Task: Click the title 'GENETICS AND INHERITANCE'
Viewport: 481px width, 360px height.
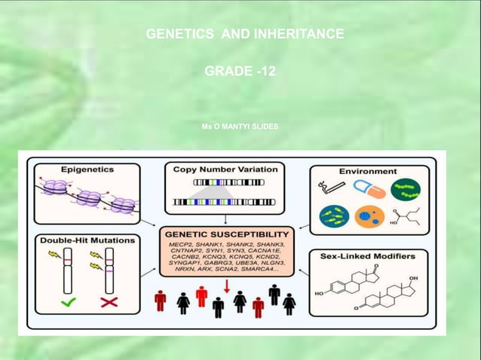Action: (x=244, y=34)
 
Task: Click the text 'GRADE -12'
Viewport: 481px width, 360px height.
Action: (x=240, y=72)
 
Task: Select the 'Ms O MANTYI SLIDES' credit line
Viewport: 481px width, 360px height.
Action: (x=240, y=127)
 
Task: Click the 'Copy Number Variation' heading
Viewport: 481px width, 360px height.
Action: (x=225, y=169)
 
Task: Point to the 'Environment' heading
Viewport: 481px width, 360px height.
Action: (x=367, y=171)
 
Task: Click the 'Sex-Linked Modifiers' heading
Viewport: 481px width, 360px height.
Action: (x=368, y=256)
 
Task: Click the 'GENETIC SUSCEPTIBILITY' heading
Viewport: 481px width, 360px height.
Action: (x=227, y=234)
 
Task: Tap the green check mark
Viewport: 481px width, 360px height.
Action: (x=67, y=304)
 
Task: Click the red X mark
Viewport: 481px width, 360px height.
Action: (x=109, y=304)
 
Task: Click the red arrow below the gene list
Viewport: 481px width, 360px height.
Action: (x=226, y=285)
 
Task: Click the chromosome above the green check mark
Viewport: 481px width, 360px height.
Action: (x=67, y=270)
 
